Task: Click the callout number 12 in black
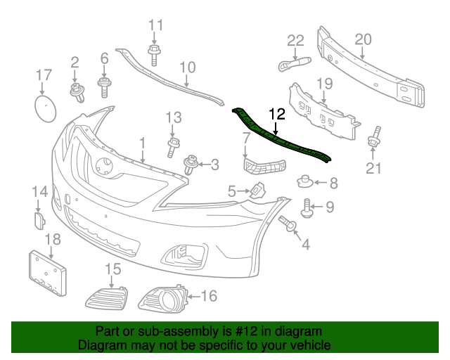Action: point(276,113)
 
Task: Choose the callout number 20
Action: point(363,40)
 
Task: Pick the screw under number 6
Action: point(104,87)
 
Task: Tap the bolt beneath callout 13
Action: point(172,147)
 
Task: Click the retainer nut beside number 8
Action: point(305,183)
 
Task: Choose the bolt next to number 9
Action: point(307,207)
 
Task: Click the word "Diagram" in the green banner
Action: point(99,346)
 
